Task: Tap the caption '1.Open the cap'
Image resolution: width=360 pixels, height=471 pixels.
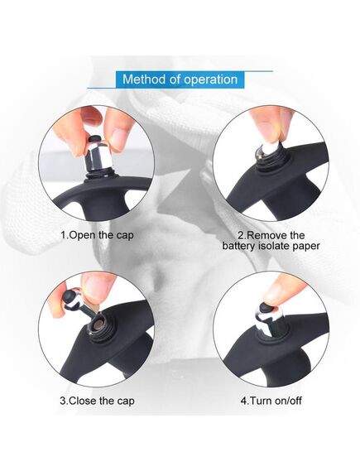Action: (x=97, y=235)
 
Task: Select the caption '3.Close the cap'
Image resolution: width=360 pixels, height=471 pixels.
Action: (x=97, y=401)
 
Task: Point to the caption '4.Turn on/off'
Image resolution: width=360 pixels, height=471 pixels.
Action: (x=271, y=401)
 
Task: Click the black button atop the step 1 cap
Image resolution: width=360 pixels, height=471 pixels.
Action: (x=95, y=139)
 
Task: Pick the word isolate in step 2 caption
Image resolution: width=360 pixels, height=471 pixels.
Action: (x=272, y=246)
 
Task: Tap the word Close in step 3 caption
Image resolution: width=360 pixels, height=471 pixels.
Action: (x=84, y=401)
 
